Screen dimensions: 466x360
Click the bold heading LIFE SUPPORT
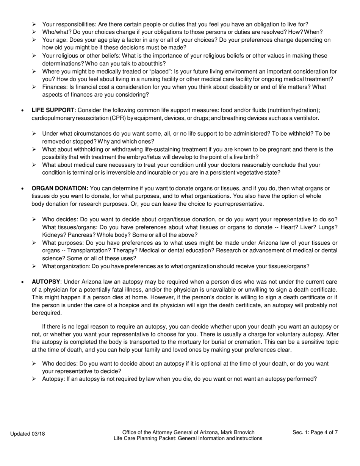click(53, 110)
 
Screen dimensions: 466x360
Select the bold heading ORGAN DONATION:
click(60, 188)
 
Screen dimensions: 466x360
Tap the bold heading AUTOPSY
click(46, 282)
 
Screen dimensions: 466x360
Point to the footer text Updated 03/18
click(27, 434)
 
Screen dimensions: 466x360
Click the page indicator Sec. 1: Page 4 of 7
click(315, 432)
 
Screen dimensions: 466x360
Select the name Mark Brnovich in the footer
click(239, 432)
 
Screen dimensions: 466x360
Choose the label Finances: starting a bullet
click(55, 87)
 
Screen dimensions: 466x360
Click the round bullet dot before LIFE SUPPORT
click(23, 111)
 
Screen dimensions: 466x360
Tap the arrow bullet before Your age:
click(34, 40)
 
